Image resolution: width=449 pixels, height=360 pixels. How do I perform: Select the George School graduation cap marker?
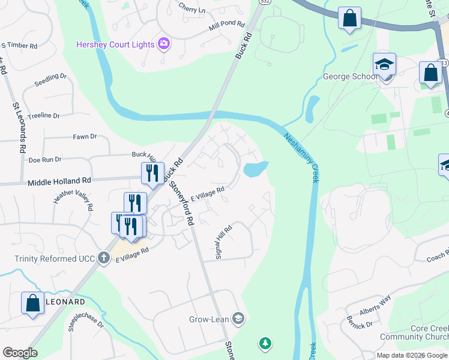(384, 65)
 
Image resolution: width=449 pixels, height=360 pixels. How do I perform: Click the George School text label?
(351, 77)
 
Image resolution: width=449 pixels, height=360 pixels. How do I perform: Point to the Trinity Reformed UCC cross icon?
(104, 259)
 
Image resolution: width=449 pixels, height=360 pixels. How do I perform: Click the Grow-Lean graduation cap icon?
(238, 318)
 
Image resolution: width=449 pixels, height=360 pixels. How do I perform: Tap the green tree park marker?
(265, 343)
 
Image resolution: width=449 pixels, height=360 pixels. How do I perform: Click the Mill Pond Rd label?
(227, 25)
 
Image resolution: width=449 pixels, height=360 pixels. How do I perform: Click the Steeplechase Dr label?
(85, 325)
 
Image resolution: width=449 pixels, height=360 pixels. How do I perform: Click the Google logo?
(19, 353)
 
